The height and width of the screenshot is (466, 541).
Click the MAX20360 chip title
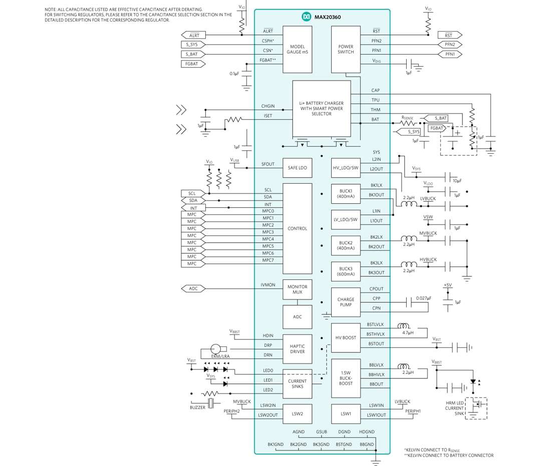pyautogui.click(x=328, y=17)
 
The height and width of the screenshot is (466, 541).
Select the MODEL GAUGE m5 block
pyautogui.click(x=297, y=49)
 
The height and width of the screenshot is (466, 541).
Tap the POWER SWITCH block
pyautogui.click(x=346, y=49)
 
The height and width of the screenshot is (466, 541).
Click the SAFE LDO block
pyautogui.click(x=297, y=168)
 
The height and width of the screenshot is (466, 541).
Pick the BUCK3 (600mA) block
pyautogui.click(x=346, y=271)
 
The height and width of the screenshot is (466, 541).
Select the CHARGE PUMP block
pyautogui.click(x=346, y=302)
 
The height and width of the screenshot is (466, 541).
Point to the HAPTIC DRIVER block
pyautogui.click(x=297, y=349)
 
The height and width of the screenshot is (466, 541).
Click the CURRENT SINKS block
pyautogui.click(x=297, y=383)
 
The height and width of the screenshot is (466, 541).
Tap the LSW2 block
pyautogui.click(x=297, y=414)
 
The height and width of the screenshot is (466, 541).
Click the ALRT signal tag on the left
pyautogui.click(x=194, y=36)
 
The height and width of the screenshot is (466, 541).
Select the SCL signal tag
pyautogui.click(x=192, y=193)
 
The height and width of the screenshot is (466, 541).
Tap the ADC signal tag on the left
pyautogui.click(x=193, y=288)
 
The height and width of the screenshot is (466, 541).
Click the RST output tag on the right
pyautogui.click(x=448, y=36)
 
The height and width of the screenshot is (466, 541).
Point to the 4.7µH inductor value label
pyautogui.click(x=408, y=332)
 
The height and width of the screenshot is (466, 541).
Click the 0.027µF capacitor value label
pyautogui.click(x=423, y=298)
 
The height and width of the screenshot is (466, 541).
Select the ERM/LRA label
pyautogui.click(x=220, y=356)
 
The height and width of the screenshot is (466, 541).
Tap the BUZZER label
pyautogui.click(x=197, y=407)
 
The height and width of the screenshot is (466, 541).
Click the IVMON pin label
pyautogui.click(x=268, y=285)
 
